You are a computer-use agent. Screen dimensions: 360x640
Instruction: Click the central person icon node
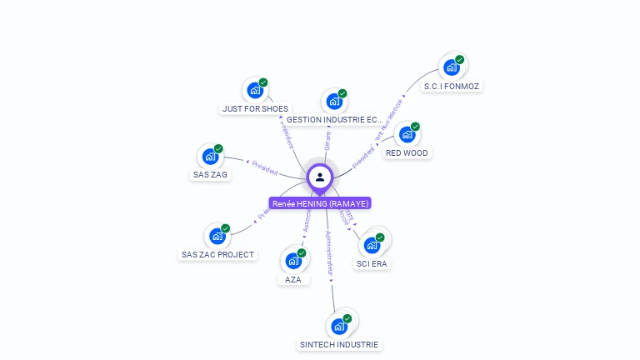tap(320, 177)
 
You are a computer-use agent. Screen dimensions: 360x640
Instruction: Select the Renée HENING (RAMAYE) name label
tap(320, 203)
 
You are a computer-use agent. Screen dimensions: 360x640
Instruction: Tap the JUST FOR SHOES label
tap(255, 108)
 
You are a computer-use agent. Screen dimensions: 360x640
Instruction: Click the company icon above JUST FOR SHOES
tap(254, 90)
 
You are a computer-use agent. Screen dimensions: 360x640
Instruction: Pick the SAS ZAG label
tap(210, 175)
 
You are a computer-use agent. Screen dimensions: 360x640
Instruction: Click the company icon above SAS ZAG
tap(209, 156)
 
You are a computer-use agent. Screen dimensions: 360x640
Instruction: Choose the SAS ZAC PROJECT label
tap(217, 254)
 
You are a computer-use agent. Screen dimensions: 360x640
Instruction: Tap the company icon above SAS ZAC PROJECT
tap(217, 236)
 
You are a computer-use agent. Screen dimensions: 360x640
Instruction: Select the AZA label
tap(293, 279)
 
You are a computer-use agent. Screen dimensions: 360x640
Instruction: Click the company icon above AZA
tap(293, 260)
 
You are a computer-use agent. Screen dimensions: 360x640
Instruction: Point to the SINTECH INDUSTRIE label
tap(339, 344)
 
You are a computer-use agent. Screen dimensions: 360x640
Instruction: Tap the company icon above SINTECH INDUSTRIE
tap(339, 326)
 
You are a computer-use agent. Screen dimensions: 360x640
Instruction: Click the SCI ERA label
tap(372, 263)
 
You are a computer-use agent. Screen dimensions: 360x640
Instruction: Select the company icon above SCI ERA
tap(372, 245)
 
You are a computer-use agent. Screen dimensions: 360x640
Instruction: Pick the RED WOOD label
tap(407, 153)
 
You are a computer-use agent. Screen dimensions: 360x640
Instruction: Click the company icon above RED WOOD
tap(407, 134)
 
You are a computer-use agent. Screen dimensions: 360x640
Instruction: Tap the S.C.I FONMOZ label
tap(452, 86)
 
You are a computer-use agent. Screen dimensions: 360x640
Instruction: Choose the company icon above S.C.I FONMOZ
tap(452, 67)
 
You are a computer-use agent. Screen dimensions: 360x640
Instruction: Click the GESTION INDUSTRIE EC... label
tap(334, 120)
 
